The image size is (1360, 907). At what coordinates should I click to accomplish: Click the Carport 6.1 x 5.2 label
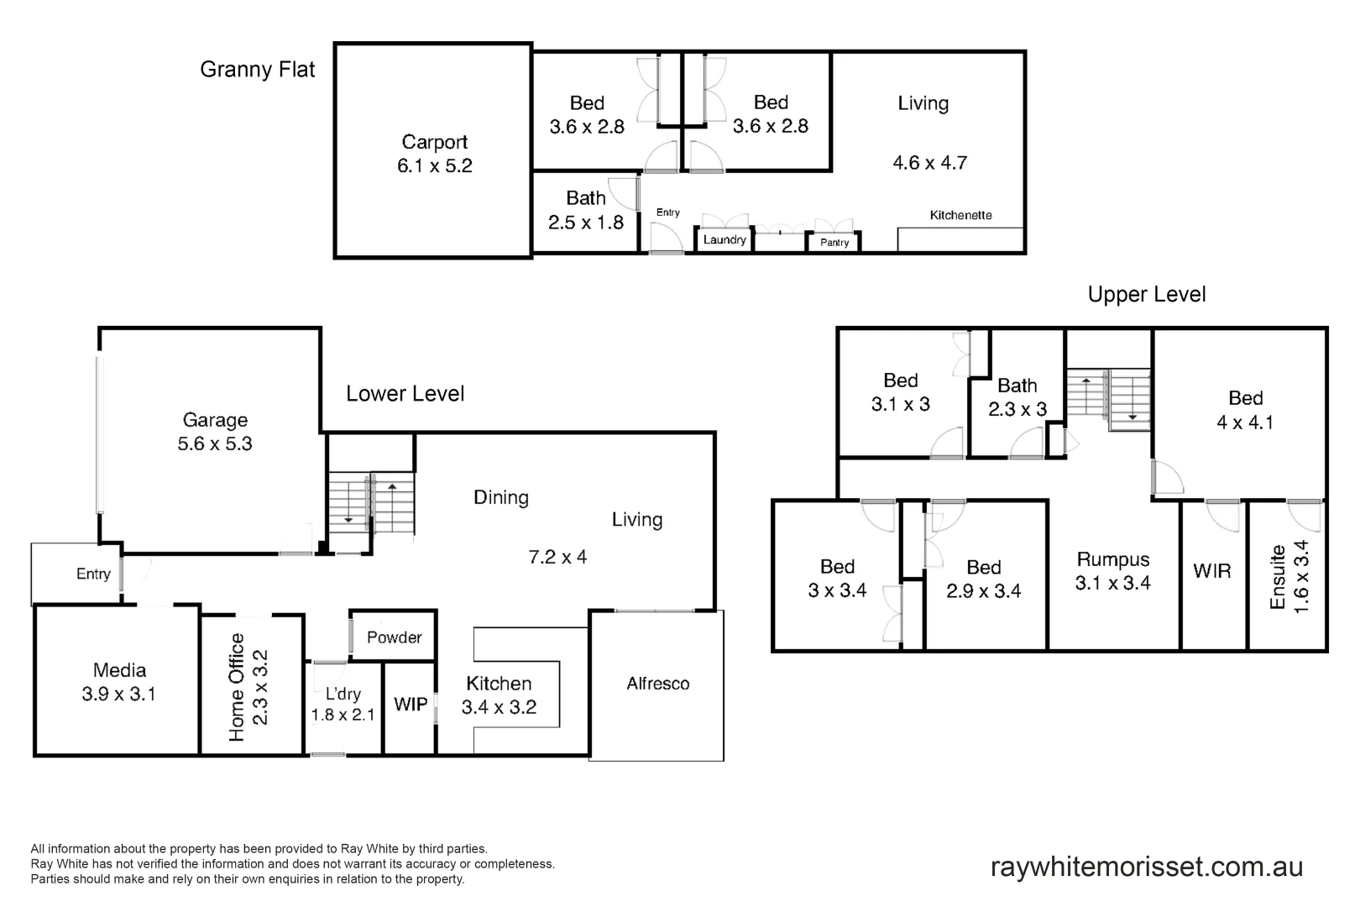coord(434,154)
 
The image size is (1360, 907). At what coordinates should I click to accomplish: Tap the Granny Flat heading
coord(257,70)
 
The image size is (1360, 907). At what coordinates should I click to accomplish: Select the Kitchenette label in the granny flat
coord(960,216)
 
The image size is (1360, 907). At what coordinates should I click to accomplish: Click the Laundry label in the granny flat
coord(724,240)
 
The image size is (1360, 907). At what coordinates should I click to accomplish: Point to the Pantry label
coord(834,243)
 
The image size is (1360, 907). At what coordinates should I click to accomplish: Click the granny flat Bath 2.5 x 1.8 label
coord(586,210)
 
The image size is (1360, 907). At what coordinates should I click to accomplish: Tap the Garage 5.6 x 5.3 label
coord(215,432)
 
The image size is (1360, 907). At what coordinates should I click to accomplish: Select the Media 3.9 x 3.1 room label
coord(119,682)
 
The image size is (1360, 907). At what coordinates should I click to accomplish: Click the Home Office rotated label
coord(248,687)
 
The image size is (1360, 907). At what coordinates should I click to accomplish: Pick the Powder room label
coord(394,637)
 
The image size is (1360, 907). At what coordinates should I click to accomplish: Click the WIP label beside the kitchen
coord(411,705)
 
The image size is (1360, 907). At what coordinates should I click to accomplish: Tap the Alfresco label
coord(657,684)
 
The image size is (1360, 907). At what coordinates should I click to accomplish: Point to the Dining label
coord(501,497)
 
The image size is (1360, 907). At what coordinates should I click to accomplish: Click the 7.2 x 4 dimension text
coord(557,557)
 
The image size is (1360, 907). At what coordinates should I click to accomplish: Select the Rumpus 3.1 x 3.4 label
coord(1113,571)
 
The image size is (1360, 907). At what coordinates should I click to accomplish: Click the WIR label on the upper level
coord(1212,571)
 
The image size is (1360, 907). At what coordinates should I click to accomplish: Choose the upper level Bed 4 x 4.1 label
coord(1245,410)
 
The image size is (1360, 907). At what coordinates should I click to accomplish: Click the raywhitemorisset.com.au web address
coord(1147,867)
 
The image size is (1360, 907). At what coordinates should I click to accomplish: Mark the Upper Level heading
coord(1147,295)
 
